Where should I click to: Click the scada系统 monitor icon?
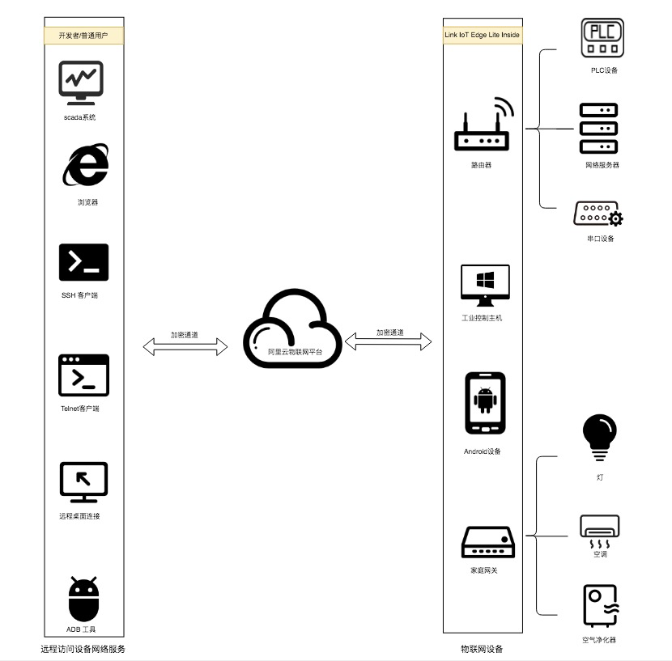(x=81, y=82)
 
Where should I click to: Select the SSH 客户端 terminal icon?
(x=83, y=262)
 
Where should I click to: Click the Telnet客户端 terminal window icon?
(x=83, y=375)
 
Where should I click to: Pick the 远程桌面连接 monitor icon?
(x=83, y=482)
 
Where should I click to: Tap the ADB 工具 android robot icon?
(x=83, y=599)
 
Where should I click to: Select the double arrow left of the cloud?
(x=185, y=346)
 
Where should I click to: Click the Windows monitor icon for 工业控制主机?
(x=485, y=286)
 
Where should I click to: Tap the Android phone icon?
(x=485, y=403)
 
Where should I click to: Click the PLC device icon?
(x=602, y=38)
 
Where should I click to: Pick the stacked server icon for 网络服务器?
(x=598, y=129)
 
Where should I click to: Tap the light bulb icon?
(x=599, y=438)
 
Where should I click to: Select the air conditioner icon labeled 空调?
(x=599, y=531)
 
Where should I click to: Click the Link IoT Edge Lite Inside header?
(x=483, y=36)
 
